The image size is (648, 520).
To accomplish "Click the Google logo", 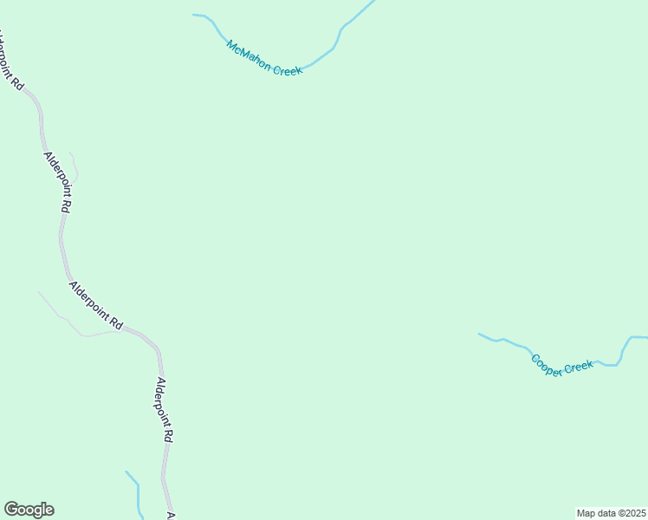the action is pyautogui.click(x=29, y=510).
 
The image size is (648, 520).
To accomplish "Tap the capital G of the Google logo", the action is pyautogui.click(x=12, y=510).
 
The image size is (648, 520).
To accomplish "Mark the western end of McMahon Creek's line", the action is pyautogui.click(x=194, y=15).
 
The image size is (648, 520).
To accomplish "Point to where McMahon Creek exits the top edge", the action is pyautogui.click(x=373, y=2).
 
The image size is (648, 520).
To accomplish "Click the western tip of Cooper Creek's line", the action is pyautogui.click(x=479, y=334).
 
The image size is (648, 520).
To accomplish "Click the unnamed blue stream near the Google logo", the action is pyautogui.click(x=137, y=494).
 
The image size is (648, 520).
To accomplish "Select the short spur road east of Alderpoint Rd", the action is pyautogui.click(x=75, y=166).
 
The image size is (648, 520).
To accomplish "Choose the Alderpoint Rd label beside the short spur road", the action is pyautogui.click(x=57, y=183).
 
